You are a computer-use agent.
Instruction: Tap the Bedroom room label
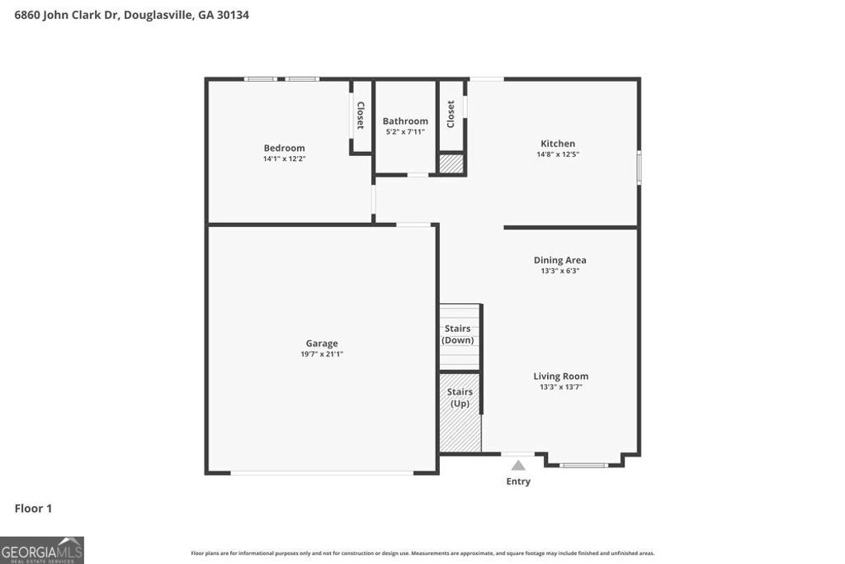click(284, 148)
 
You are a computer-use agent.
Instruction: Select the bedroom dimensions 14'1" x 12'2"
click(284, 159)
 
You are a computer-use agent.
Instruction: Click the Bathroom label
click(405, 121)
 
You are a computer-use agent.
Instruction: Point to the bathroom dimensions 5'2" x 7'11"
click(405, 132)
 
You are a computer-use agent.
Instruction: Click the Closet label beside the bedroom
click(361, 116)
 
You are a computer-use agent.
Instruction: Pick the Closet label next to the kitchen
click(451, 114)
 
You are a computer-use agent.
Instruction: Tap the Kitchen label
click(558, 144)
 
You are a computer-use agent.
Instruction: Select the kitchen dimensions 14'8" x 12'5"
click(558, 154)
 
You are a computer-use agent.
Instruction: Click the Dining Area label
click(559, 260)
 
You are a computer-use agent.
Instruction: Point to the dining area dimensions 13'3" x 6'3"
click(559, 271)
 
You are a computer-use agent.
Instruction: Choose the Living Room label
click(560, 376)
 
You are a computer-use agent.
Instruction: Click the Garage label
click(322, 344)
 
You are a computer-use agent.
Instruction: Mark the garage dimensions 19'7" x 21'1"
click(322, 354)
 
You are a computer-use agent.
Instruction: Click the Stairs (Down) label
click(458, 334)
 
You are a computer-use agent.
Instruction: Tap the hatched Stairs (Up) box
click(460, 413)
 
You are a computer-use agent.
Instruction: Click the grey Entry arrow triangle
click(518, 466)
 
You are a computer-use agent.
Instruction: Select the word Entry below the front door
click(518, 481)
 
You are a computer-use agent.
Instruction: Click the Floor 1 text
click(33, 509)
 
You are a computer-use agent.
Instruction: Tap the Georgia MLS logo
click(41, 550)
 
